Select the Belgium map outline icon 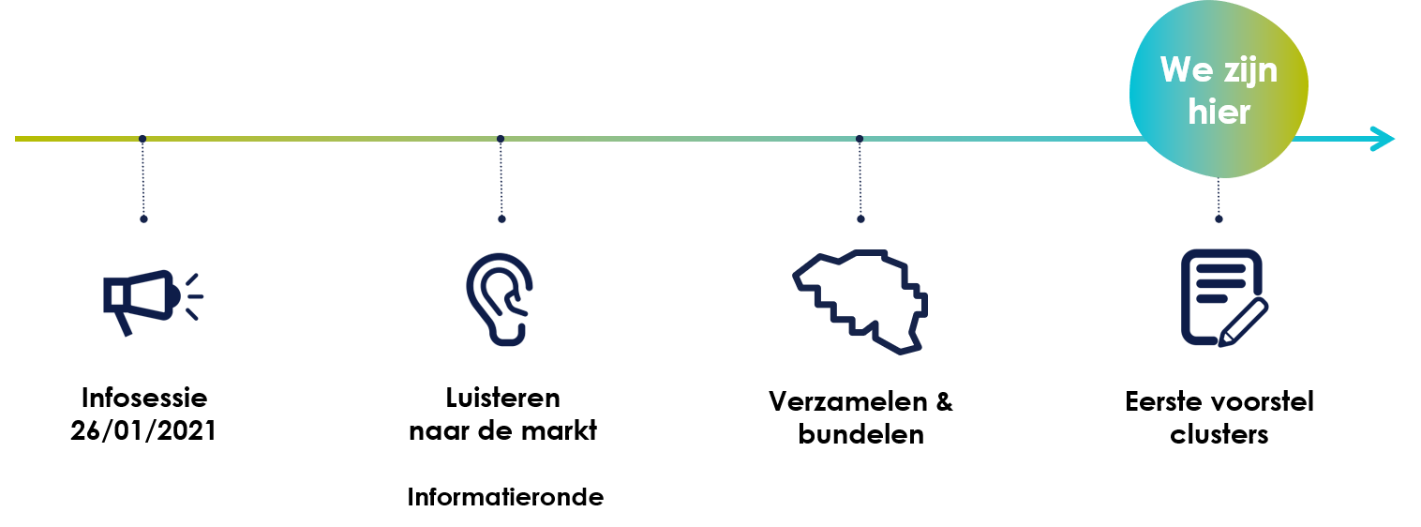click(x=860, y=302)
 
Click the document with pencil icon click(x=1224, y=298)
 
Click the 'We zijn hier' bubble click(x=1219, y=89)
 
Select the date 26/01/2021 click(x=143, y=431)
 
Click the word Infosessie click(x=144, y=399)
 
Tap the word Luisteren click(x=503, y=399)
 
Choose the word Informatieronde click(x=505, y=497)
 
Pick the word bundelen click(x=860, y=435)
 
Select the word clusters click(x=1219, y=435)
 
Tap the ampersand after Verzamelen click(x=944, y=402)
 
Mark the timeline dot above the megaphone click(x=142, y=139)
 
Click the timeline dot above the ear click(x=501, y=139)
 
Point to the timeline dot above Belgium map click(x=860, y=139)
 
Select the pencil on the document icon click(x=1243, y=323)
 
